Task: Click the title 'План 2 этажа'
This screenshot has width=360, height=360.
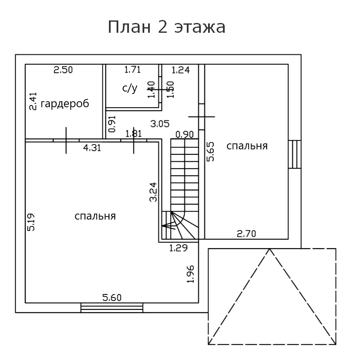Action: tap(166, 27)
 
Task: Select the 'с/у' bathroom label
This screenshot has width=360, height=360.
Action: tap(130, 88)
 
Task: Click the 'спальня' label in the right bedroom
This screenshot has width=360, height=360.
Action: tap(247, 146)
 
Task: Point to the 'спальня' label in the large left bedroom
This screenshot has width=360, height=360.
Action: tap(95, 216)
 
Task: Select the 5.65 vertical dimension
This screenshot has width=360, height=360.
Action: tap(210, 151)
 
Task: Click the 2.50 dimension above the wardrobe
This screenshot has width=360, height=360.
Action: tap(63, 70)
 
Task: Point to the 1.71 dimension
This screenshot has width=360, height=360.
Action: tap(132, 69)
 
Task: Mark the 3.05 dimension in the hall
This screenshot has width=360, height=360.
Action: tap(160, 124)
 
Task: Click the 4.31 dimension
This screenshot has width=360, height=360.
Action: tap(92, 148)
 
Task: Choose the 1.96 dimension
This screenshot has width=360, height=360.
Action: tap(191, 274)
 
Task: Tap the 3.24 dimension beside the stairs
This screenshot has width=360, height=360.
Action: tap(154, 191)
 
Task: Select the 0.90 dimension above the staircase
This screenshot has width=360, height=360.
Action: tap(184, 134)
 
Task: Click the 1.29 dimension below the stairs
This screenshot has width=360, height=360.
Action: tap(178, 248)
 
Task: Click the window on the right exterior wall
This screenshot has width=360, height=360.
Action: tap(294, 154)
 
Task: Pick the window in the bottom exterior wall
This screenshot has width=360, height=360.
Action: tap(111, 307)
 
